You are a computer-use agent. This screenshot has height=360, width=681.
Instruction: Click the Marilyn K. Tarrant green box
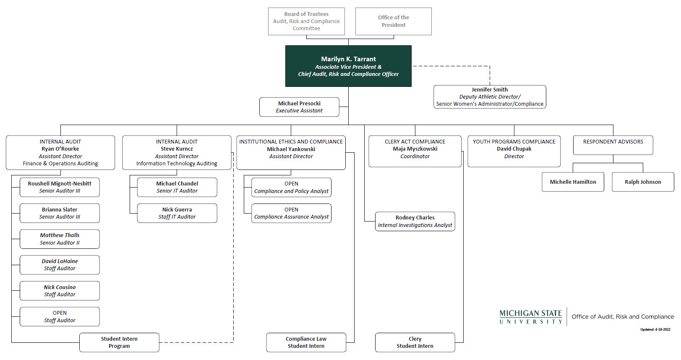tap(348, 66)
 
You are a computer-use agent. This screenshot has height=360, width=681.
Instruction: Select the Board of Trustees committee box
tap(306, 21)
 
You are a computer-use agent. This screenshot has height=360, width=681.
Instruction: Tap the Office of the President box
tap(393, 21)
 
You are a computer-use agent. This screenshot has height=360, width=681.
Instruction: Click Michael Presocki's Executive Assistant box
tap(299, 107)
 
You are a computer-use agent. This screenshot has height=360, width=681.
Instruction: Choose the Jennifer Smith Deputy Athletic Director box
tap(490, 97)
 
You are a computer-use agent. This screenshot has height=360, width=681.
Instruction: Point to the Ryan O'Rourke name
tap(60, 149)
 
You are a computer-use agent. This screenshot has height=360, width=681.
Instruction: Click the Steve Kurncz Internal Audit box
tap(177, 152)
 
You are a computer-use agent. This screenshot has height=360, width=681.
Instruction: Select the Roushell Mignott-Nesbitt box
tap(60, 187)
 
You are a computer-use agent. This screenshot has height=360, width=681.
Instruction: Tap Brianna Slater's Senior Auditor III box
tap(60, 213)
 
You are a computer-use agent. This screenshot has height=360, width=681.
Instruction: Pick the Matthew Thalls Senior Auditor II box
tap(60, 239)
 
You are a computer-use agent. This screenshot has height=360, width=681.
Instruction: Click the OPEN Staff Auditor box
tap(60, 316)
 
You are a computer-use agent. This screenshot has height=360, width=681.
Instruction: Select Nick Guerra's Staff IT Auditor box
tap(177, 213)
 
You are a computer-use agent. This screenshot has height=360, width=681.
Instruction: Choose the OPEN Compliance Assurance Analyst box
tap(291, 213)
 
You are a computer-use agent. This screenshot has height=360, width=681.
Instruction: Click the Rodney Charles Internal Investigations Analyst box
tap(415, 221)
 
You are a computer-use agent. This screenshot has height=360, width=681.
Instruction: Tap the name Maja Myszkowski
tap(415, 149)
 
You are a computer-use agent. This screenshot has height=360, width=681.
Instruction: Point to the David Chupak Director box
tap(514, 151)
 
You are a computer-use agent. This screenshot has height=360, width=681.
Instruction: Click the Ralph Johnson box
tap(643, 182)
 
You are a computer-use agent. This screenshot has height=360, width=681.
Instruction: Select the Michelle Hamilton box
tap(573, 182)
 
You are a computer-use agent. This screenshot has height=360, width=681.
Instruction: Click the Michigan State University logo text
tap(531, 317)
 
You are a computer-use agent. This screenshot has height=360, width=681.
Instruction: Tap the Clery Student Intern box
tap(415, 342)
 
